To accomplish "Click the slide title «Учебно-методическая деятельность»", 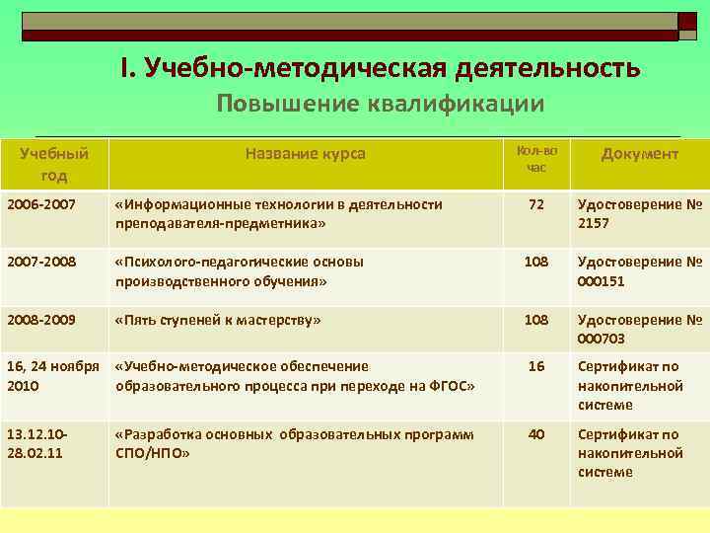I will pos(380,67).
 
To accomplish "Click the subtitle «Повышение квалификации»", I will pos(380,104).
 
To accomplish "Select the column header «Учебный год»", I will pos(54,164).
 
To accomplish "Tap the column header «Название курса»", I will pos(306,154).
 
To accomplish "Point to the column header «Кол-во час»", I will pos(536,159).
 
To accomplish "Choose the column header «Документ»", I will pos(639,154).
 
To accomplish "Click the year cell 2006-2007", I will pos(40,204).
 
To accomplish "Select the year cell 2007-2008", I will pos(40,262).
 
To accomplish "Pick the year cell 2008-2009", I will pos(40,320).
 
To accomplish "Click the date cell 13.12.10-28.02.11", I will pos(38,443).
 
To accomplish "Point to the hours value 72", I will pos(536,204).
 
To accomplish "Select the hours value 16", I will pos(536,366).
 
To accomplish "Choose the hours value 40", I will pos(536,434).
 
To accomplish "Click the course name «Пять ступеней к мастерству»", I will pos(218,320).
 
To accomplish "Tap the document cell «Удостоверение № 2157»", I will pos(639,213).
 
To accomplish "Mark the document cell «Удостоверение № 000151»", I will pos(639,271).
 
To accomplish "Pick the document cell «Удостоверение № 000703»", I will pos(639,329).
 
